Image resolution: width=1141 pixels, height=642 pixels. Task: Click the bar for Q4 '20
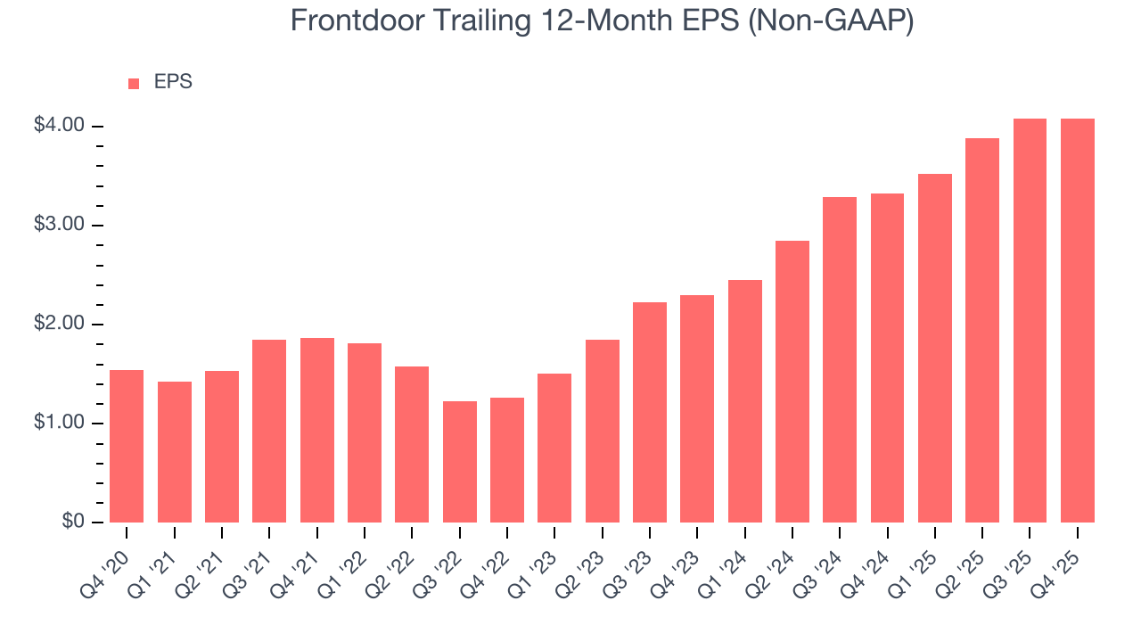(127, 446)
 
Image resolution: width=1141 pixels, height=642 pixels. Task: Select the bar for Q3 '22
(459, 462)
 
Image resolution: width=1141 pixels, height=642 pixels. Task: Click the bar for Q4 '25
(1077, 320)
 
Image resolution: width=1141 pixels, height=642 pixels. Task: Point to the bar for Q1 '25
(935, 348)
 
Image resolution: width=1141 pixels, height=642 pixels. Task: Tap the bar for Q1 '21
(175, 451)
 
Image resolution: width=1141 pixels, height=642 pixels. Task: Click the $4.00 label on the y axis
(60, 126)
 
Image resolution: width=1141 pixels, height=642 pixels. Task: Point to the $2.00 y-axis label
(60, 324)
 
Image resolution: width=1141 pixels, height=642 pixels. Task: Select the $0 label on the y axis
(73, 522)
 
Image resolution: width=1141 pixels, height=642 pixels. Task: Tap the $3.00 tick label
(60, 225)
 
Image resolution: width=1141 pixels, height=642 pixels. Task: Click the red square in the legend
(134, 83)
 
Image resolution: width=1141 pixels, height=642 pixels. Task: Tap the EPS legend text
(173, 82)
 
